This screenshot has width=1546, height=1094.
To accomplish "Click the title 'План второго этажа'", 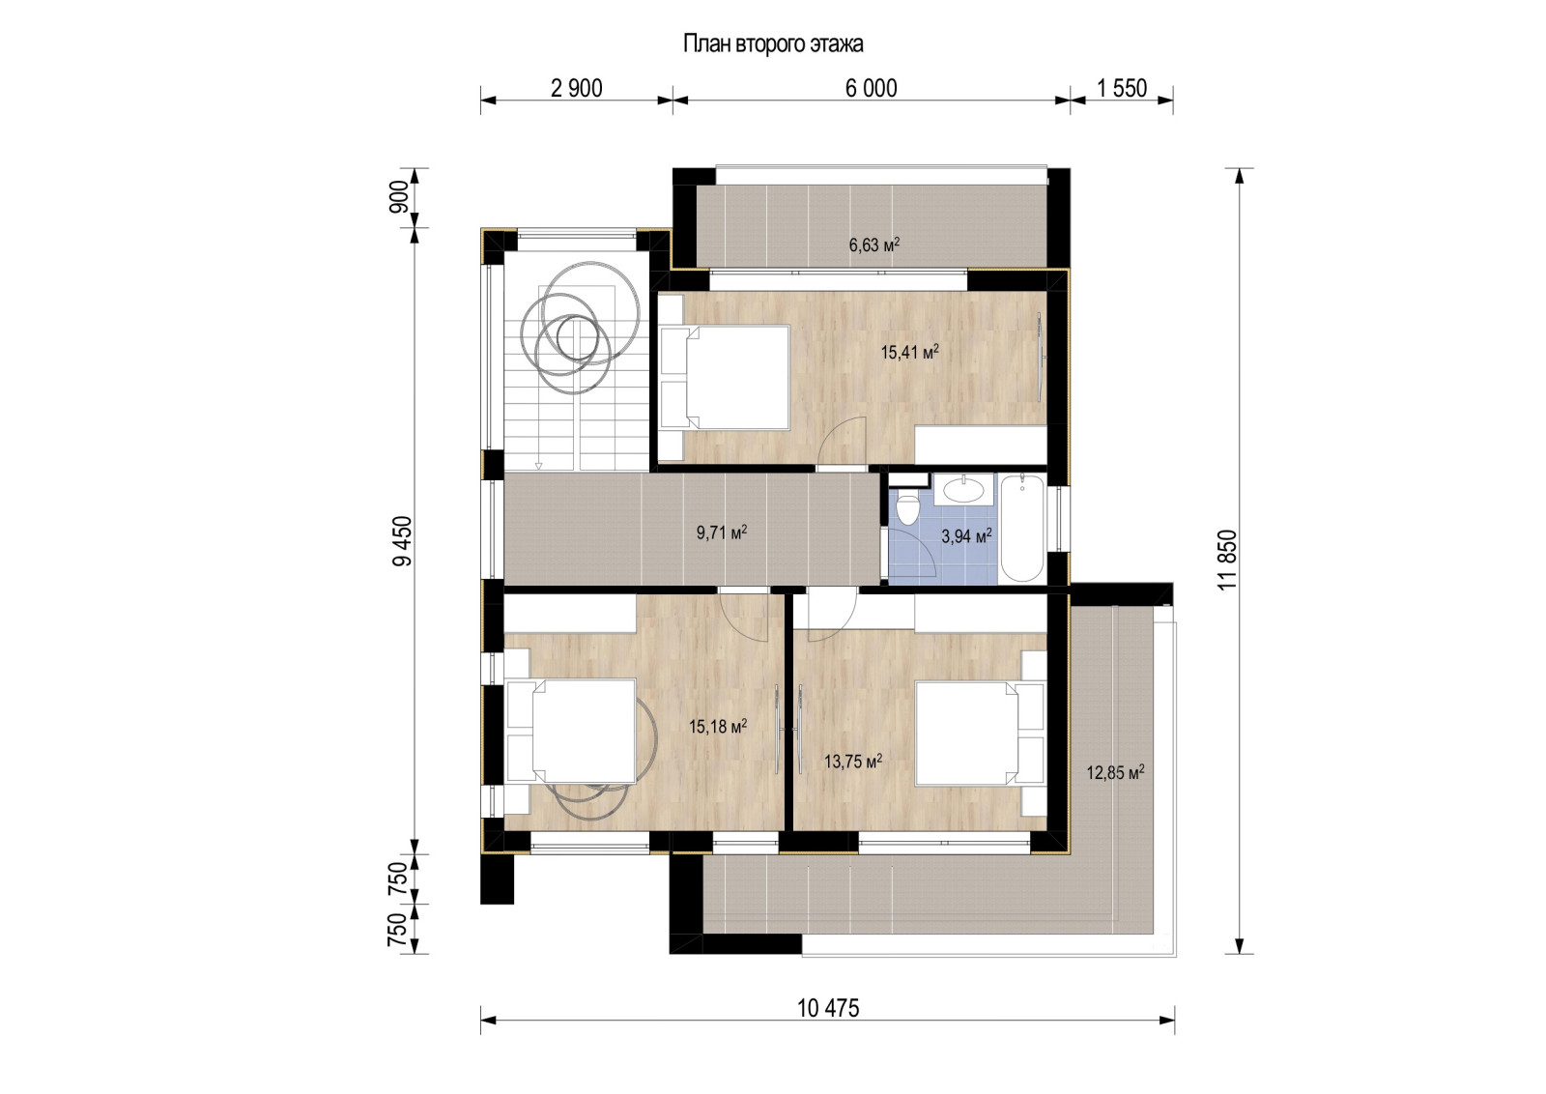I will (773, 44).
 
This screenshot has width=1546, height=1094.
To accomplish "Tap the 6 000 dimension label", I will (871, 89).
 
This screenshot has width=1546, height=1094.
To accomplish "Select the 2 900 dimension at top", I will (576, 89).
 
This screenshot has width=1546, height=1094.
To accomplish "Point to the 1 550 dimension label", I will (1122, 89).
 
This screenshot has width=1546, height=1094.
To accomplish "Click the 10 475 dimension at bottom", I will (828, 1009).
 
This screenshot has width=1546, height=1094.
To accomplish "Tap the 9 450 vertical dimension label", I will (403, 542).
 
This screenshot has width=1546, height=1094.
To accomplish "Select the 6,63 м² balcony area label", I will (874, 245).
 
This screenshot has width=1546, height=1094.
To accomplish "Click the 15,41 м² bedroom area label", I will (909, 353).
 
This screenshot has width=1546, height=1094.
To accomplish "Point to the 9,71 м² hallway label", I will (722, 533).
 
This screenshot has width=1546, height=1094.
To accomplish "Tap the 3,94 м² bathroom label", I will (966, 536).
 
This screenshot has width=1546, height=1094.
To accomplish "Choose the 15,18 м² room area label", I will (717, 727).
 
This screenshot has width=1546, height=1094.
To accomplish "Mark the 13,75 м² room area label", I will (852, 762).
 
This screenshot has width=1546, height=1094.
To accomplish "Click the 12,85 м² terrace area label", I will (1115, 772).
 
